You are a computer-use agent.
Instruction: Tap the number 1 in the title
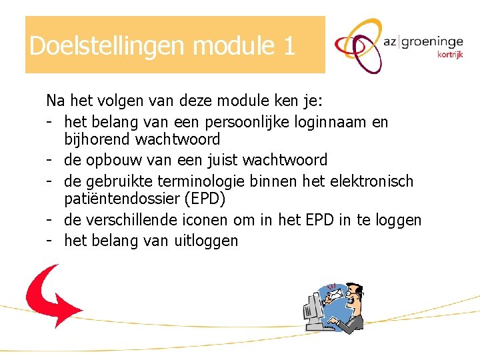click(289, 46)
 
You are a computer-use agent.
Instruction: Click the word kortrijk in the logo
click(450, 55)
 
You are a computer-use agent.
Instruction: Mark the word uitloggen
click(206, 241)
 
